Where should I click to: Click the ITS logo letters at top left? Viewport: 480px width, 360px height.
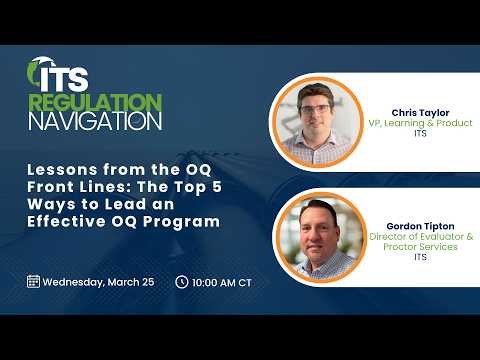[x=58, y=77]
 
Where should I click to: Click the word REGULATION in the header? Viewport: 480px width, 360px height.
[x=95, y=102]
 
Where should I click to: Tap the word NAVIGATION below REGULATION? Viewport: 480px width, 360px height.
[x=95, y=121]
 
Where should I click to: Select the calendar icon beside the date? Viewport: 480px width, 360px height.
[x=33, y=281]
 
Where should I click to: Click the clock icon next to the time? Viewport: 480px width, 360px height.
[x=181, y=281]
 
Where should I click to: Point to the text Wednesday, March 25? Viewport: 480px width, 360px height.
[x=98, y=282]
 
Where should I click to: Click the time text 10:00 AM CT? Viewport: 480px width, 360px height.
[x=222, y=282]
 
